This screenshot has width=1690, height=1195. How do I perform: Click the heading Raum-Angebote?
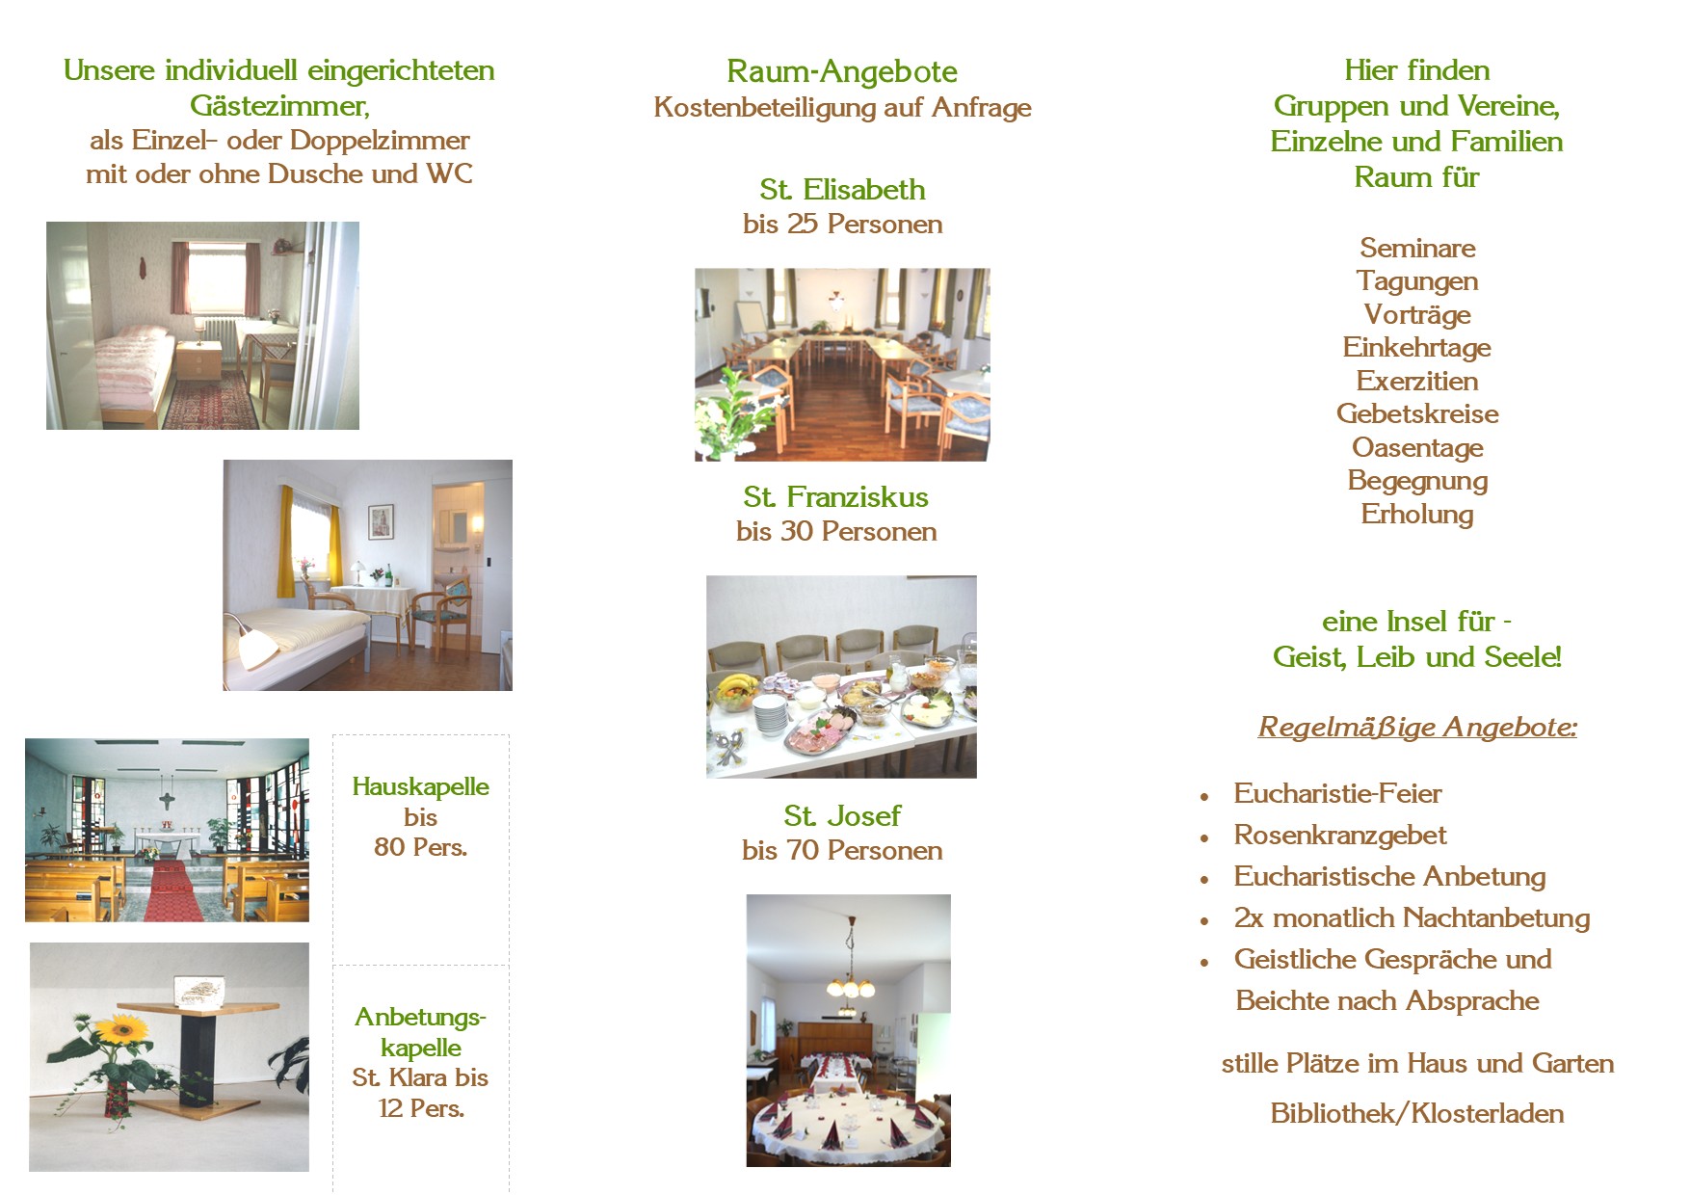842,71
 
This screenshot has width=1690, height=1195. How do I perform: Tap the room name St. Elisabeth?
842,189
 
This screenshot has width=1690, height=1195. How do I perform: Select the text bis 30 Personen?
836,531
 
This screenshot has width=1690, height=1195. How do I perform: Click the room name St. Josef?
842,815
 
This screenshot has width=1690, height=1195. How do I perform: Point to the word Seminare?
1417,248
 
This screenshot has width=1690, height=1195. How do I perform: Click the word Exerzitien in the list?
1417,381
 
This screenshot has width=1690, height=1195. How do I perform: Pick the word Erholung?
1417,514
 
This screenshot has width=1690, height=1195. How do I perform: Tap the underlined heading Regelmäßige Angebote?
1417,727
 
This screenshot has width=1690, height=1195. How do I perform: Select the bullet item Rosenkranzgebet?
1340,835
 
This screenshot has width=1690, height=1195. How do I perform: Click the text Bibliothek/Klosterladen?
1417,1113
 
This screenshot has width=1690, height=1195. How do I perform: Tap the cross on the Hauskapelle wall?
167,801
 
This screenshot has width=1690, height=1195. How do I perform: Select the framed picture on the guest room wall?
381,521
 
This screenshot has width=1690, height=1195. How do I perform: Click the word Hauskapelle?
420,786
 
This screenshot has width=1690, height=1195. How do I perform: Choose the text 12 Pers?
421,1108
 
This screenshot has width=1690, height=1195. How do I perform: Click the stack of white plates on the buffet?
769,715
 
